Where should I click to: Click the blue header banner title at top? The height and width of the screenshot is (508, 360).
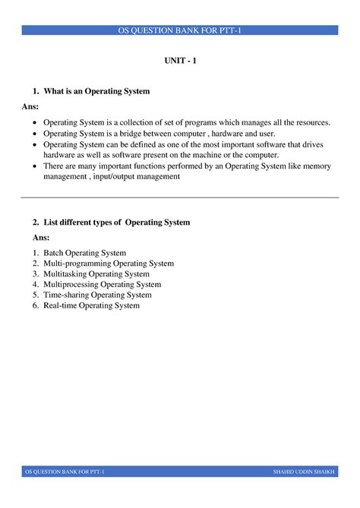(180, 30)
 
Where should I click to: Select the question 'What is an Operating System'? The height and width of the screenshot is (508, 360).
(96, 91)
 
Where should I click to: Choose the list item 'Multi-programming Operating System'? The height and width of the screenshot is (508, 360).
(109, 263)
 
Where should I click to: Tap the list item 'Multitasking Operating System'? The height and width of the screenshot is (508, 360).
(96, 274)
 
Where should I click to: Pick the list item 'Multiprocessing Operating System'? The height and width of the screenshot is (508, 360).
(102, 285)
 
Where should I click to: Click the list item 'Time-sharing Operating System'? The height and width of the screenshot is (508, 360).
(97, 295)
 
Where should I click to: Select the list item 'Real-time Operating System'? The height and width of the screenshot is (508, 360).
(91, 305)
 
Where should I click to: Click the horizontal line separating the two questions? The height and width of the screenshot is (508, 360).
(180, 197)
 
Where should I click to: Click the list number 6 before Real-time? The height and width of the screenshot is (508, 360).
(35, 305)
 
